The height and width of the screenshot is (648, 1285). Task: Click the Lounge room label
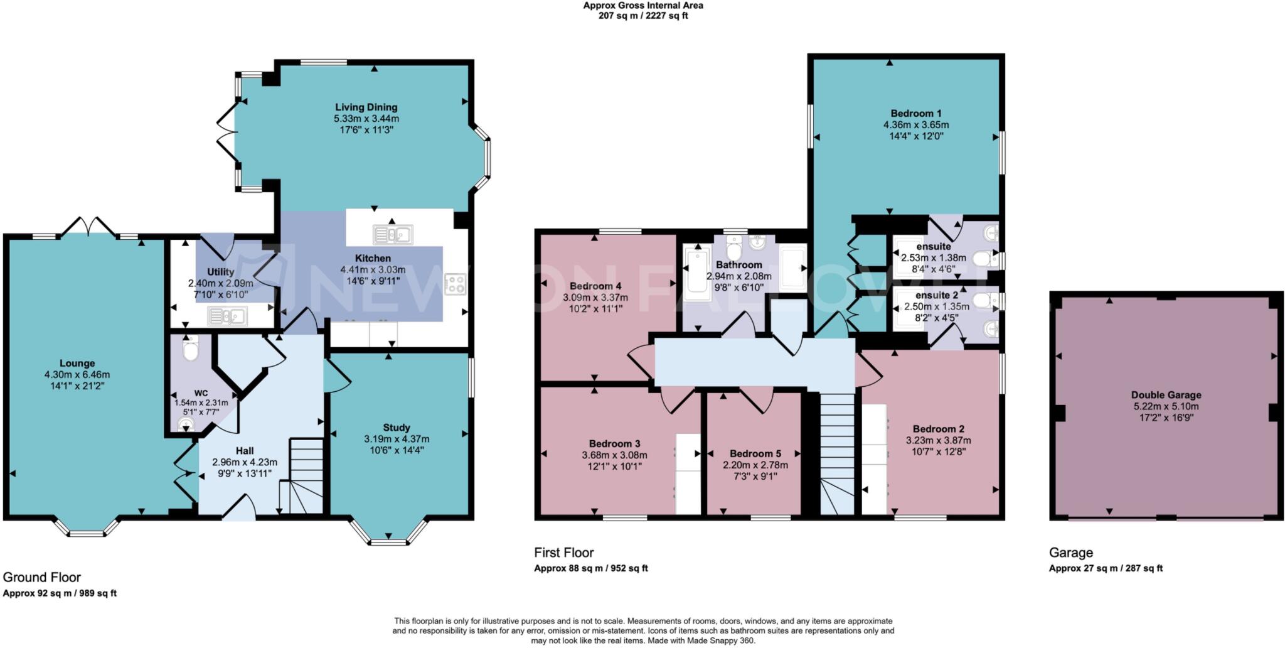click(x=77, y=363)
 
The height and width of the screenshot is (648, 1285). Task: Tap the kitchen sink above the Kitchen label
click(x=392, y=235)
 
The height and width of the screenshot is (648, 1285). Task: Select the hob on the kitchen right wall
click(x=455, y=284)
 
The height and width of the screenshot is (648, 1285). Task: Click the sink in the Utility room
click(x=227, y=316)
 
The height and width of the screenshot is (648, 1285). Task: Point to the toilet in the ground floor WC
click(x=189, y=347)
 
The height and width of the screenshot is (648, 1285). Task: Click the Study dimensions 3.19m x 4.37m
click(x=397, y=439)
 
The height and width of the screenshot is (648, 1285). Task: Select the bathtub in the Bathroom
click(x=697, y=274)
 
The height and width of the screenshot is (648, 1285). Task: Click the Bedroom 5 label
click(x=755, y=453)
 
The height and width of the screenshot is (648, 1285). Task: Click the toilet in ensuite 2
click(x=984, y=301)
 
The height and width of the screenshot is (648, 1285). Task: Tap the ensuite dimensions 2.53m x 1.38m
click(x=933, y=257)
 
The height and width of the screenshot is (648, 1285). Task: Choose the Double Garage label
click(x=1166, y=395)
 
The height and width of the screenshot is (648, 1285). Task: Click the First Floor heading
click(x=563, y=553)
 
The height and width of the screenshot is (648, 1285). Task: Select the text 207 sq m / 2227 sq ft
click(x=642, y=16)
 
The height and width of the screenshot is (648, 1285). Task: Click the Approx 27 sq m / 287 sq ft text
click(x=1106, y=568)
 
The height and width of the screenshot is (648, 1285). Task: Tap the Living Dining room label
click(x=366, y=107)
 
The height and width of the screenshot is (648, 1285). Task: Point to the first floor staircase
click(x=838, y=452)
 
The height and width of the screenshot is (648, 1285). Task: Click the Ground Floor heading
click(x=42, y=577)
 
